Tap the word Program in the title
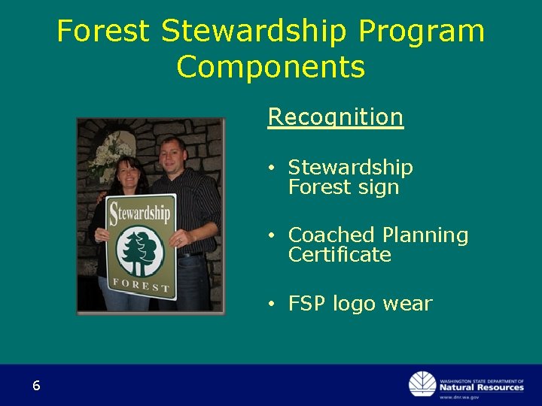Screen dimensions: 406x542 pyautogui.click(x=422, y=32)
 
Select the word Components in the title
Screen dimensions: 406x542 pyautogui.click(x=271, y=67)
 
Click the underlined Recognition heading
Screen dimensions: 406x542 pyautogui.click(x=336, y=117)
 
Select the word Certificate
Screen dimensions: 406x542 pyautogui.click(x=340, y=255)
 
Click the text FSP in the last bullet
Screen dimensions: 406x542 pyautogui.click(x=308, y=304)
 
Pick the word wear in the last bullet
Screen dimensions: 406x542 pyautogui.click(x=407, y=304)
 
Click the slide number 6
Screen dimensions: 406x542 pyautogui.click(x=36, y=386)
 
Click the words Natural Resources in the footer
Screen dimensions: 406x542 pyautogui.click(x=481, y=387)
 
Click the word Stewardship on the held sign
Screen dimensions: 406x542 pyautogui.click(x=142, y=214)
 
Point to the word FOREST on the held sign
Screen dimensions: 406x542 pyautogui.click(x=141, y=285)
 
